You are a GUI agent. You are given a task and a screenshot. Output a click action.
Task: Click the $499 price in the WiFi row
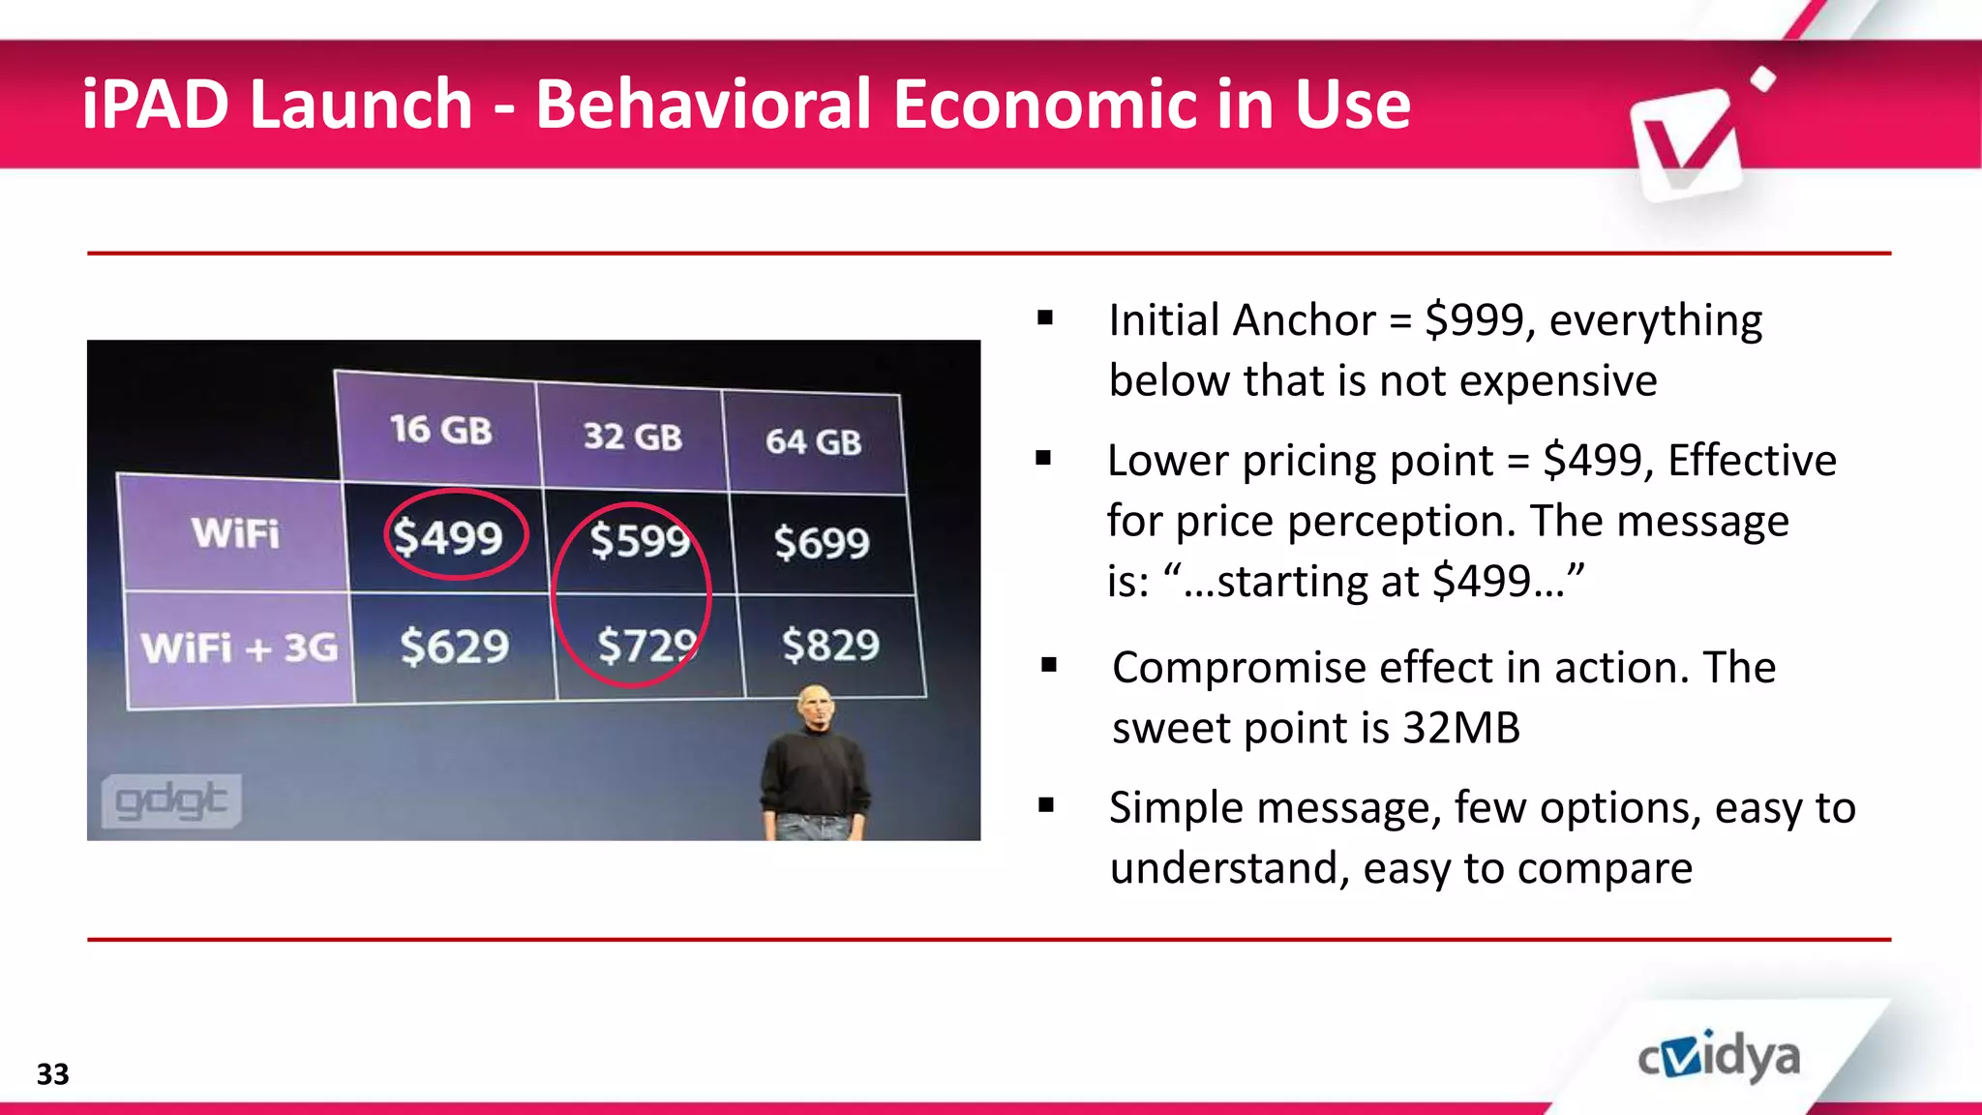[x=448, y=537]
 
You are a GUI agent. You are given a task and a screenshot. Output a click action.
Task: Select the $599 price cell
[x=639, y=540]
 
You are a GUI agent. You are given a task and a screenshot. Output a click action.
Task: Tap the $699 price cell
[x=822, y=542]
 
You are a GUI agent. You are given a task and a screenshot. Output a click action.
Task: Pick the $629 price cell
[x=454, y=647]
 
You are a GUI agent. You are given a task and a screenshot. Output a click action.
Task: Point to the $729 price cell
[x=646, y=646]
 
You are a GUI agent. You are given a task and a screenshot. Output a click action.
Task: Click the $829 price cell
[x=830, y=645]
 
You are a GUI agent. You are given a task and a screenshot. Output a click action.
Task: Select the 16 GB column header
[x=440, y=429]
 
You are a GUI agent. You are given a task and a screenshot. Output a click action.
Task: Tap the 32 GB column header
[x=632, y=437]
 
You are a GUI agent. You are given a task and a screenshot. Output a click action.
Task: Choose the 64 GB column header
[x=813, y=441]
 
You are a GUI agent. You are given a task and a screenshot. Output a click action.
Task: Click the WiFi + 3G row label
[x=239, y=648]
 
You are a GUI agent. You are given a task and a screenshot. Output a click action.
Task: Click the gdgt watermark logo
[x=171, y=800]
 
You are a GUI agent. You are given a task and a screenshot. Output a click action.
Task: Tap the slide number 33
[x=52, y=1074]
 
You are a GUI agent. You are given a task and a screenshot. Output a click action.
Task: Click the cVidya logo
[x=1719, y=1057]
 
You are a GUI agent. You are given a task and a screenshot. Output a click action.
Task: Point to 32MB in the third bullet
[x=1460, y=728]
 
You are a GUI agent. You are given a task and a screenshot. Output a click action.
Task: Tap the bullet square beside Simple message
[x=1045, y=804]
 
